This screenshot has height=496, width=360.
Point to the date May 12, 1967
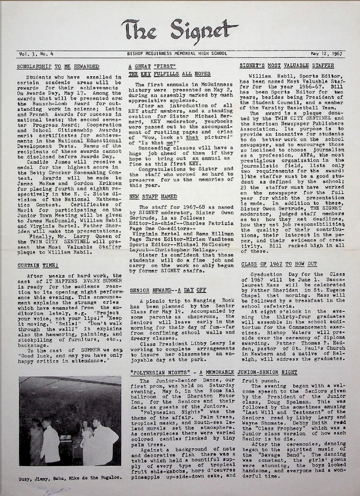tap(326, 54)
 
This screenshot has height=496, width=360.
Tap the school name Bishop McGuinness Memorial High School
tap(180, 54)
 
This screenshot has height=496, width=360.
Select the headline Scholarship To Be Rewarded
tap(58, 66)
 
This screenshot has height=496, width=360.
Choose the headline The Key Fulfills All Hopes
tap(163, 74)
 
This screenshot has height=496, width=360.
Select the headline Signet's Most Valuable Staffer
tap(287, 66)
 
